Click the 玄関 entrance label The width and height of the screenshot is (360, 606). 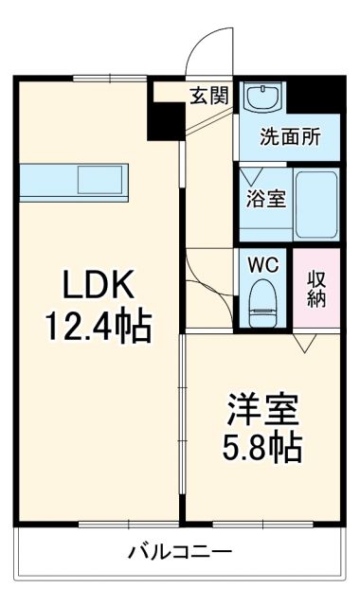pos(207,95)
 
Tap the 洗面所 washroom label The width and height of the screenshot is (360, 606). pos(290,135)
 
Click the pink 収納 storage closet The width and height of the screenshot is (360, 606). pos(316,288)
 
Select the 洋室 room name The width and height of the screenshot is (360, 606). pos(261,410)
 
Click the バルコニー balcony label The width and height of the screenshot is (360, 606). pos(180,551)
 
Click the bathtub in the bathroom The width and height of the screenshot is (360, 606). pos(316,205)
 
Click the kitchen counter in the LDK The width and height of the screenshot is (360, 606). pos(70,178)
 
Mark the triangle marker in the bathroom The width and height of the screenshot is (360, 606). pos(250,177)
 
